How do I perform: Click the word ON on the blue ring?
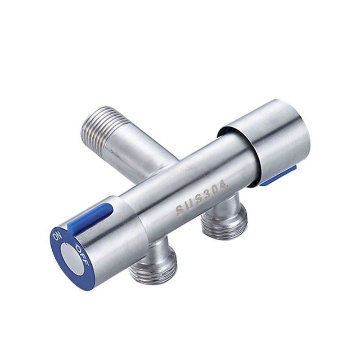[x=57, y=237]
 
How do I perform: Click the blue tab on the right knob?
[x=279, y=175]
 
